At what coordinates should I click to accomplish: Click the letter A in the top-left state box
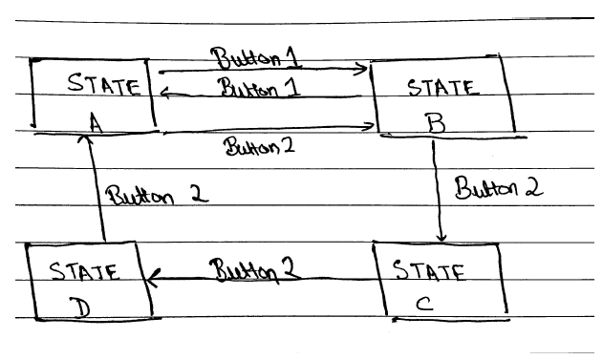point(95,120)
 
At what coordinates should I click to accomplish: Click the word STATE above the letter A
point(103,87)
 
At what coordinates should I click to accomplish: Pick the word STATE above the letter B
point(442,89)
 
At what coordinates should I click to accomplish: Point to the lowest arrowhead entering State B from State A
point(369,126)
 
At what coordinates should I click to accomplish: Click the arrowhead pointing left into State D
point(149,279)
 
